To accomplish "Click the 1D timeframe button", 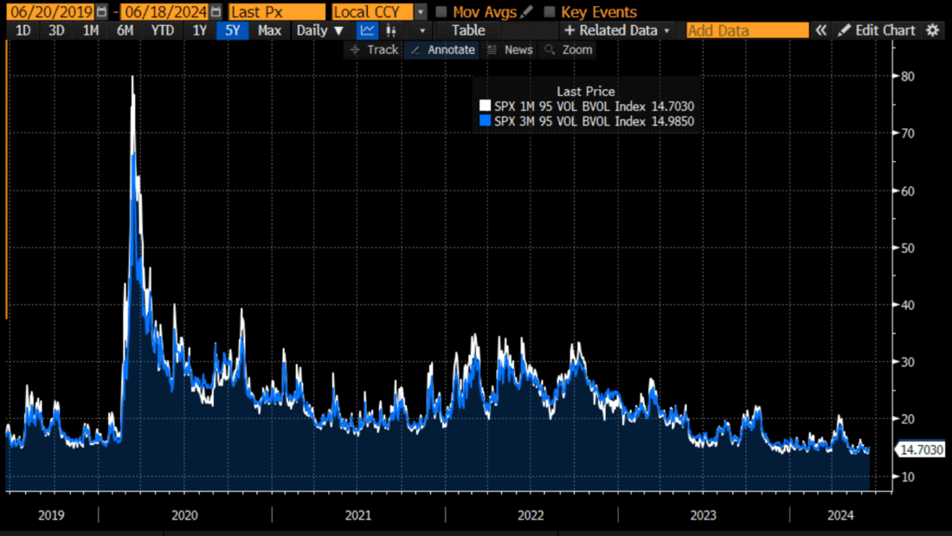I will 23,30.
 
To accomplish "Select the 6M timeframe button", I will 125,30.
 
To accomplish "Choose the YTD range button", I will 162,30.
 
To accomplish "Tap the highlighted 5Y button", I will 233,30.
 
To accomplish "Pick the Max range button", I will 269,30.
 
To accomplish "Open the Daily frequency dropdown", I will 319,30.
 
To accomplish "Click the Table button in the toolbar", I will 468,30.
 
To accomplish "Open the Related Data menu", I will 617,30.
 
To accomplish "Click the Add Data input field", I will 747,30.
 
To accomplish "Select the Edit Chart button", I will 876,30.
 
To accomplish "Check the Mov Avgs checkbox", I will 441,12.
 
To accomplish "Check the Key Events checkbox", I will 550,12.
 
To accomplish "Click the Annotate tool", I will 441,49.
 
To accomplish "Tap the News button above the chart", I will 510,49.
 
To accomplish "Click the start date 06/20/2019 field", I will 52,12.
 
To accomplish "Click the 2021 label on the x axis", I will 357,515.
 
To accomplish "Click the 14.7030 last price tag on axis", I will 921,449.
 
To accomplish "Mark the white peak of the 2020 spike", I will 132,77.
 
